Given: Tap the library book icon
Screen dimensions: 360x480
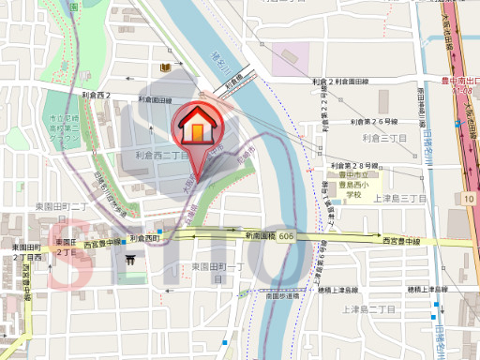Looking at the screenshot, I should (x=165, y=67).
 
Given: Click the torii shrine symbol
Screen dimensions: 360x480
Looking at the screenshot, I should (x=143, y=262).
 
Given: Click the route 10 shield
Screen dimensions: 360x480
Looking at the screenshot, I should (x=467, y=199).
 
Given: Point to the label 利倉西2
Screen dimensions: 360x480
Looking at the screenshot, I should (x=96, y=97).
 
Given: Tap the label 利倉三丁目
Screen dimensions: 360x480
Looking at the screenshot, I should (x=384, y=138).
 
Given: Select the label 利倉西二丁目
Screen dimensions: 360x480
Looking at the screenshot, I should (x=162, y=156).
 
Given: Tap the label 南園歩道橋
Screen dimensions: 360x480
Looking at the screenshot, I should (x=282, y=295).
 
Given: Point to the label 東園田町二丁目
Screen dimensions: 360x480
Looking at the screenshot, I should (x=62, y=205).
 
